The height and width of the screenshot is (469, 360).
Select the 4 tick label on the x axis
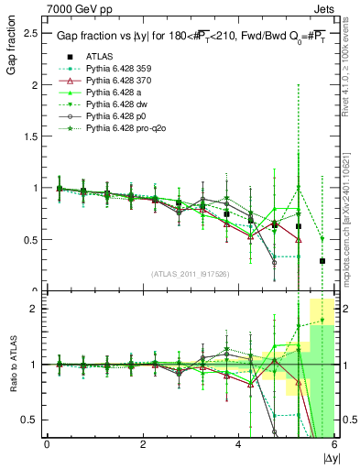click(239, 445)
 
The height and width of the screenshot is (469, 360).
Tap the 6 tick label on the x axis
click(334, 445)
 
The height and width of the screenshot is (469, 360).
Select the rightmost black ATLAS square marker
click(322, 261)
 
